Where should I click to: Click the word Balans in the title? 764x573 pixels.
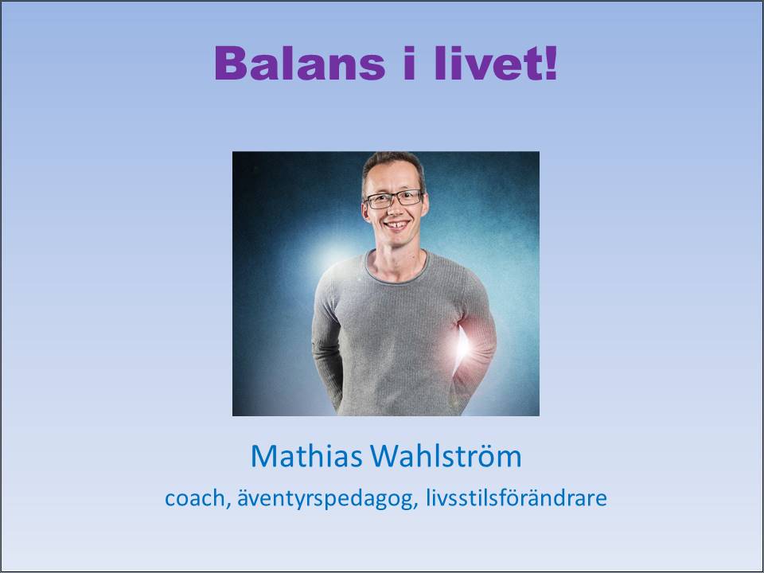point(300,63)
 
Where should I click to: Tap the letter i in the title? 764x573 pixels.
point(409,63)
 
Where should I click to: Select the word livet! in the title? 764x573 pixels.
point(495,63)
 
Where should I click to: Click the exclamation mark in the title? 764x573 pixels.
point(551,63)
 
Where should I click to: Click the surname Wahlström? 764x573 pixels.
point(446,456)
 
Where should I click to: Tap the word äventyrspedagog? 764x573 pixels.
point(325,499)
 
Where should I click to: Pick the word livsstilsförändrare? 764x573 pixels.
point(516,498)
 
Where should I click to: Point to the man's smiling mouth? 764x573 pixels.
point(396,225)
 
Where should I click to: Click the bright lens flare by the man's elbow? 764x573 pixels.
point(461,345)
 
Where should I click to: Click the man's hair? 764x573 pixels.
point(392,163)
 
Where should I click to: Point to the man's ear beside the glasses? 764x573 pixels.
point(425,205)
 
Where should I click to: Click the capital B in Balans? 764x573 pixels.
point(230,63)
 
